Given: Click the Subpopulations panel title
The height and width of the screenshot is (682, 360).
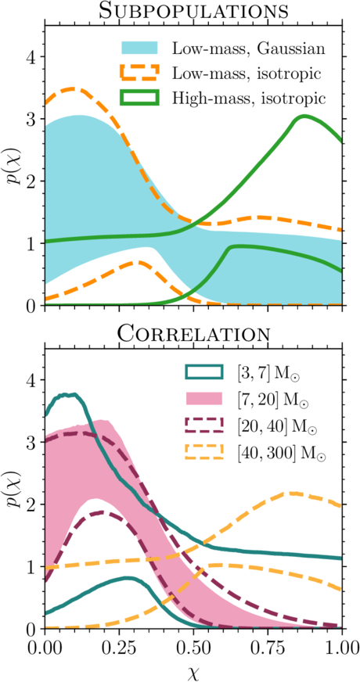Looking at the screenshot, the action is coord(193,11).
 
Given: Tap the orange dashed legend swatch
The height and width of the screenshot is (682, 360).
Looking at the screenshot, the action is coord(140,73).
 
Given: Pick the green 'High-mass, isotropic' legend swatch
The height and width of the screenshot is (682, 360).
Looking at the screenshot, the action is coord(140,98).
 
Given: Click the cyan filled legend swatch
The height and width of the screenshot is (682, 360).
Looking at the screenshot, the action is coord(140,48).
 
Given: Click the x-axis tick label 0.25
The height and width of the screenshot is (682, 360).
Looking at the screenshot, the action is coord(119,648).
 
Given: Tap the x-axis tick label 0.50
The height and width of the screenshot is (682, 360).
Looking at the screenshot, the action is coord(193,648).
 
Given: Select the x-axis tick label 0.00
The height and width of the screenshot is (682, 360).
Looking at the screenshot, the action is coord(45,648).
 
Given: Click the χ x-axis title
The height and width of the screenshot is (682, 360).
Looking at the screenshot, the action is coord(193,672).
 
